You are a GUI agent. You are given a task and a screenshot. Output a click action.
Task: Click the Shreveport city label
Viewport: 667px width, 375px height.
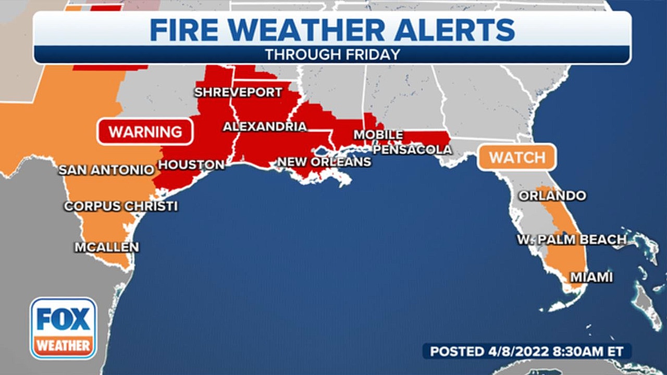pos(238,93)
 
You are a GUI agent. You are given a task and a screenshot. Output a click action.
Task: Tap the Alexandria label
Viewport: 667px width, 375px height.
pos(265,127)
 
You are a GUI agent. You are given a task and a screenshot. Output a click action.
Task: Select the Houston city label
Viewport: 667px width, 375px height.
pos(191,165)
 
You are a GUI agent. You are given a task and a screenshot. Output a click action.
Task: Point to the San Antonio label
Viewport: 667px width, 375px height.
pos(106,170)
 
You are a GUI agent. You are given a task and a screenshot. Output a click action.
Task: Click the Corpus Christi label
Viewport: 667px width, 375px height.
pos(121,206)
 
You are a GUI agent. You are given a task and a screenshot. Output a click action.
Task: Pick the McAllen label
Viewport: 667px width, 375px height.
pos(107,247)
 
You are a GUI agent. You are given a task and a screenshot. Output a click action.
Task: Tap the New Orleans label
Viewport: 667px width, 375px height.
pos(324,162)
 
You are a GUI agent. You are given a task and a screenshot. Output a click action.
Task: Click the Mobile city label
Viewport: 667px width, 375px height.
pos(378,135)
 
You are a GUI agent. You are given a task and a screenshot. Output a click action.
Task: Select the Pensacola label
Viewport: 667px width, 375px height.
pos(412,150)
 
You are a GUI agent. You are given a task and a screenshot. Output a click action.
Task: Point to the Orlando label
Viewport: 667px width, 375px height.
pos(552,196)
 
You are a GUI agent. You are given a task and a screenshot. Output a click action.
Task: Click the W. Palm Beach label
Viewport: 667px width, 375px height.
pos(572,240)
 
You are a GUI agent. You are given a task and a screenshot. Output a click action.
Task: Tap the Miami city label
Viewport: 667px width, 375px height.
pos(591,278)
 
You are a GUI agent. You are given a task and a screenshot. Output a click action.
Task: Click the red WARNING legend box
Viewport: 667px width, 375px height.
pos(145,132)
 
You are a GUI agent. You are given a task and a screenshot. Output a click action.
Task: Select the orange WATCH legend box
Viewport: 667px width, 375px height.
pos(517,157)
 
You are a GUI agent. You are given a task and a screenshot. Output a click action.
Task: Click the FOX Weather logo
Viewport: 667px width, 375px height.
pos(63,328)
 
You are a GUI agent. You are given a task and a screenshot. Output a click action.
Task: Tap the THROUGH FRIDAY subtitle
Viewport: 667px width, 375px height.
pos(332,55)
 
